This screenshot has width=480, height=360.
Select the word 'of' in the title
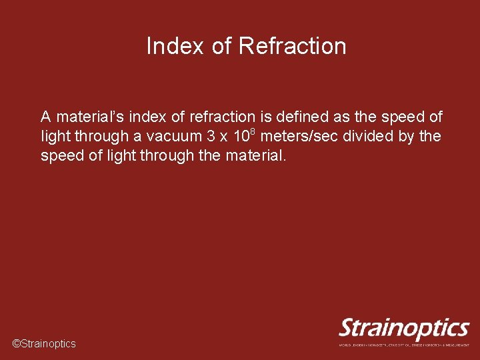click(221, 47)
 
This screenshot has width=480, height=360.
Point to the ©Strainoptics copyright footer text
click(45, 344)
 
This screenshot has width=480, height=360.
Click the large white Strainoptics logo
click(404, 328)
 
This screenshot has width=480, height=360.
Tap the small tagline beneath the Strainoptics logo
click(404, 345)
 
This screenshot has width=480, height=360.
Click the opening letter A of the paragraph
click(46, 117)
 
